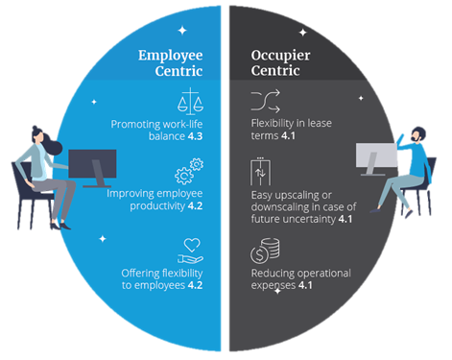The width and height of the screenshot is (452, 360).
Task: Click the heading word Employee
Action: coord(170,56)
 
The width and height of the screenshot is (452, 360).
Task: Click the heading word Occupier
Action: coord(280,56)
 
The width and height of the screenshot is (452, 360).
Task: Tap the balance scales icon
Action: coord(190,101)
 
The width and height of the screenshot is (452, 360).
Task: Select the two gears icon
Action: coord(189,171)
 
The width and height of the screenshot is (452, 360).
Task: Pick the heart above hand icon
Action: coord(191,251)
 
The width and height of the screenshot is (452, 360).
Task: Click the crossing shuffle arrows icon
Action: coord(266,101)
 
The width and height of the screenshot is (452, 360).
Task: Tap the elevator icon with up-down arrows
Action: coord(260,172)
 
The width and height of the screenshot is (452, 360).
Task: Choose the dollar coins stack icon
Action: coord(265,251)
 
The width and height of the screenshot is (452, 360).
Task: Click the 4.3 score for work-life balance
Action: coord(195,136)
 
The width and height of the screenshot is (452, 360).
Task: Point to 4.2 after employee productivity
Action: coord(195,205)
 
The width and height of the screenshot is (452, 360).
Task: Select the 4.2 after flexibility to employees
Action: coord(195,285)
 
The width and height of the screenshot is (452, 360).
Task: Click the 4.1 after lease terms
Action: coord(288,135)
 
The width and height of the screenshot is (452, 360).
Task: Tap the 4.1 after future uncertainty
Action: coord(345,219)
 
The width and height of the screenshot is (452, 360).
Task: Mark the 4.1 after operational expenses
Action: coord(305,285)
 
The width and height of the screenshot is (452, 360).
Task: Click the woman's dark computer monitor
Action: coord(92,164)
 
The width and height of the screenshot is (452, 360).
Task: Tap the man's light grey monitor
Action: coord(376,156)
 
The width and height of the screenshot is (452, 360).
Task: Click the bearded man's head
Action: coord(417,134)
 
